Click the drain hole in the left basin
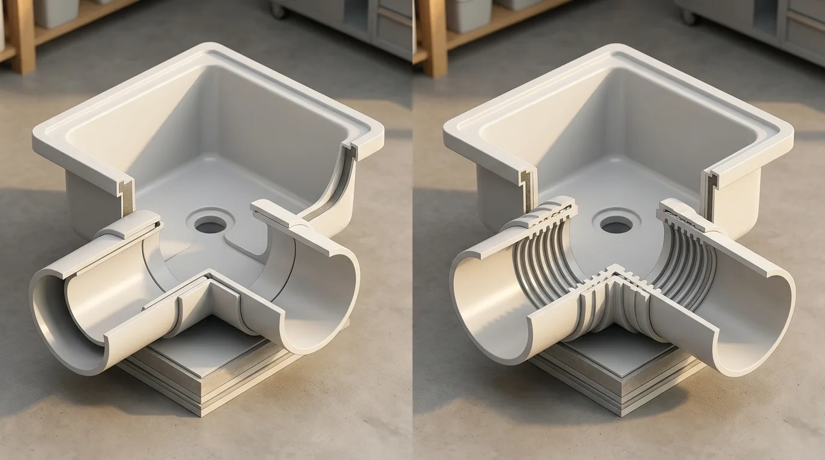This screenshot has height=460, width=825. click(210, 226)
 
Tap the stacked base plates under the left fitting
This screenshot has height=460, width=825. click(204, 383)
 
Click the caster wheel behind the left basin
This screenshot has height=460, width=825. click(277, 10)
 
